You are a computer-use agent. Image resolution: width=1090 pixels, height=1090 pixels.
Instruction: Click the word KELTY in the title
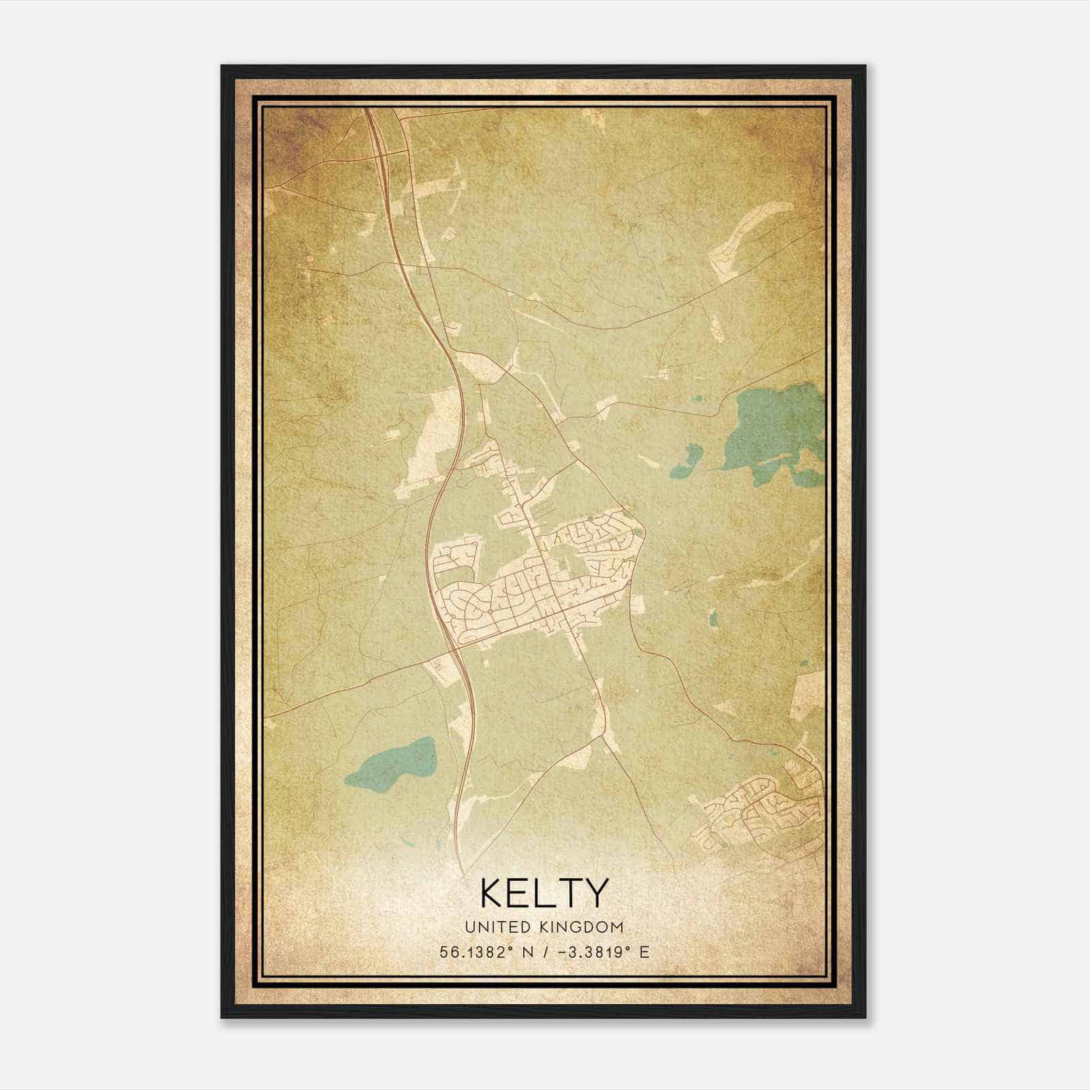pyautogui.click(x=544, y=893)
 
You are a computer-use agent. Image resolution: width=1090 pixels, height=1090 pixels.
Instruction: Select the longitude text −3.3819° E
pyautogui.click(x=604, y=952)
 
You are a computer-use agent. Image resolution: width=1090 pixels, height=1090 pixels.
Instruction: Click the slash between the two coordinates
pyautogui.click(x=543, y=952)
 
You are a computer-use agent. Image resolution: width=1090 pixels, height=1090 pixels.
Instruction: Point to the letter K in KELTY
pyautogui.click(x=493, y=893)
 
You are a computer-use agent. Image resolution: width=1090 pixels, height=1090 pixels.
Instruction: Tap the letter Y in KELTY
pyautogui.click(x=594, y=893)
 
